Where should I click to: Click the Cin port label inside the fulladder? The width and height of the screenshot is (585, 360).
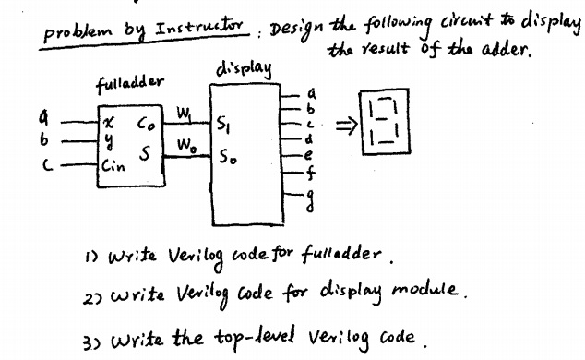coord(113,166)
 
